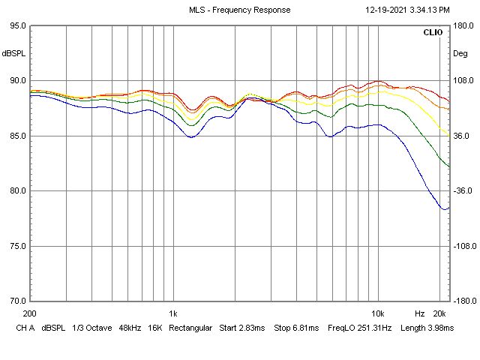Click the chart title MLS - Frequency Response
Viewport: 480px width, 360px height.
[x=239, y=10]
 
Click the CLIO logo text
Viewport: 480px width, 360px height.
[x=433, y=33]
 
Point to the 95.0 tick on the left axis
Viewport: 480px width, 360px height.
[x=16, y=25]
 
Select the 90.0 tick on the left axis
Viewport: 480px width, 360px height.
[x=16, y=81]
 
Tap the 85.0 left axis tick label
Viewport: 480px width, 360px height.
[x=16, y=136]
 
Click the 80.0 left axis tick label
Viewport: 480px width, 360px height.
[x=16, y=190]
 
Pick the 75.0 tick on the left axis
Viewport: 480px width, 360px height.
[x=16, y=246]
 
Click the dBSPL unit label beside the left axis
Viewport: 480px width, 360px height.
[x=13, y=54]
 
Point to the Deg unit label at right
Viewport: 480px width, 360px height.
[x=460, y=54]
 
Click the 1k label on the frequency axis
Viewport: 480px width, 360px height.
[x=172, y=313]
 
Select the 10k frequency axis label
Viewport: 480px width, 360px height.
[x=377, y=313]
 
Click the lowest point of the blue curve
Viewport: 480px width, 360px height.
[x=444, y=209]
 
